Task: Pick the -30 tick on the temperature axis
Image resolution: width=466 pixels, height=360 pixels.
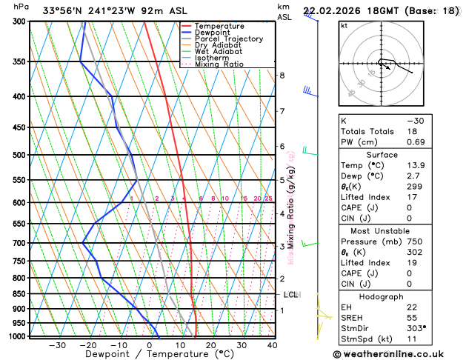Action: (x=57, y=345)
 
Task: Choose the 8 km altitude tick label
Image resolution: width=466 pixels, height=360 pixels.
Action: (x=282, y=76)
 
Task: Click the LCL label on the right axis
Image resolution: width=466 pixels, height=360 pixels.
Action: (x=290, y=295)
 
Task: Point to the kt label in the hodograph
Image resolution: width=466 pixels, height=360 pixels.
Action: (x=344, y=26)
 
